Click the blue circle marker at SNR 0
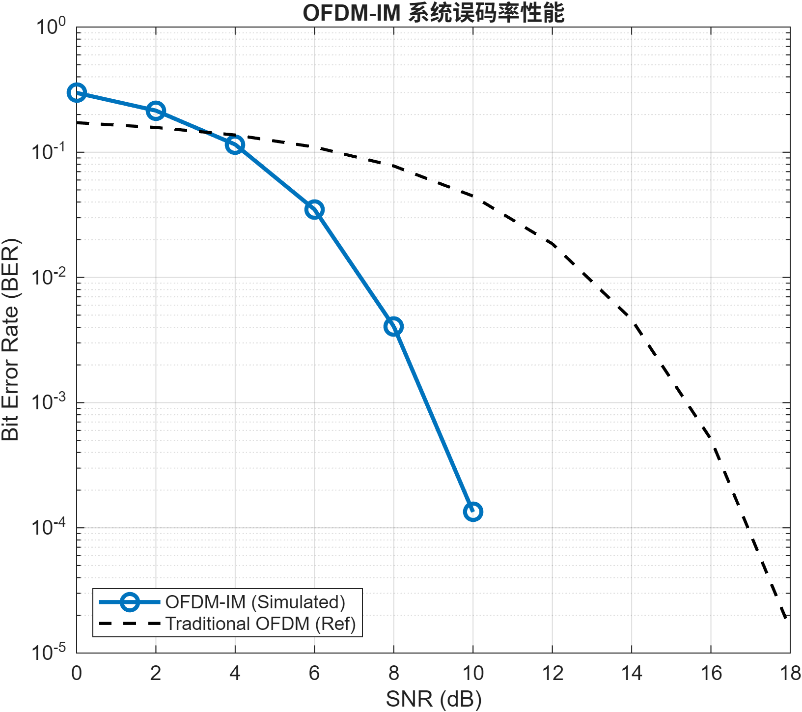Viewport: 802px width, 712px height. (x=77, y=92)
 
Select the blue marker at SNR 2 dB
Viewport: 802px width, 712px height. (x=156, y=111)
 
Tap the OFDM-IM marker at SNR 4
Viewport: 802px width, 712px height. (x=235, y=144)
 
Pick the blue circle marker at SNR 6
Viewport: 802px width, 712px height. (x=314, y=210)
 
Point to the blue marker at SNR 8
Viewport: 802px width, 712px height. (x=394, y=326)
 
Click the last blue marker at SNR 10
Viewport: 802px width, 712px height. (x=473, y=512)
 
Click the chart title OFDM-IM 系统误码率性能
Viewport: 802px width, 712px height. (x=433, y=13)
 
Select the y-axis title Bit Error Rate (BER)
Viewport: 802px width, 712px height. (x=11, y=340)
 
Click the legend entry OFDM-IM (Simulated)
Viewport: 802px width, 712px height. (x=255, y=602)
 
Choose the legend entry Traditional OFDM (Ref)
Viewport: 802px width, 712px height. (x=260, y=624)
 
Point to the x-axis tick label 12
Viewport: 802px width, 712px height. (x=553, y=673)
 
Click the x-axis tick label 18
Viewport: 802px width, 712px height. (x=790, y=673)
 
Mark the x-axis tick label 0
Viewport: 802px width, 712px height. (x=77, y=673)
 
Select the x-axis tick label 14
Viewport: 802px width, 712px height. (x=632, y=673)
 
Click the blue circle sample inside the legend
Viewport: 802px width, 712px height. (x=130, y=602)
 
